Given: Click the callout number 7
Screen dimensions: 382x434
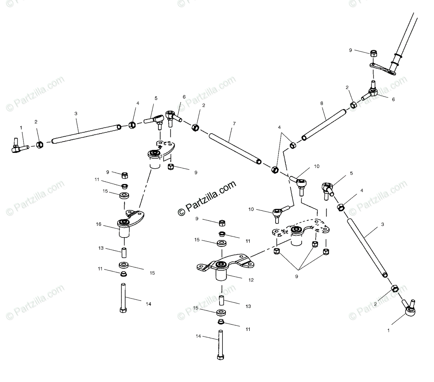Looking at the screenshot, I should point(234,124).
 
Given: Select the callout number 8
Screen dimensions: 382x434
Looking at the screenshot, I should point(322,103).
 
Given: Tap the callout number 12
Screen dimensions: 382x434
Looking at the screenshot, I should point(251,280).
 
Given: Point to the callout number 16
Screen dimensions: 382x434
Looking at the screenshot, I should point(99,224).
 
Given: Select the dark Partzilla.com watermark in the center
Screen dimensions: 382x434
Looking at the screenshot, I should point(207,198).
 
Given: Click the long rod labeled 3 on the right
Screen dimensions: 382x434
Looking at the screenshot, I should point(367,248).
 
